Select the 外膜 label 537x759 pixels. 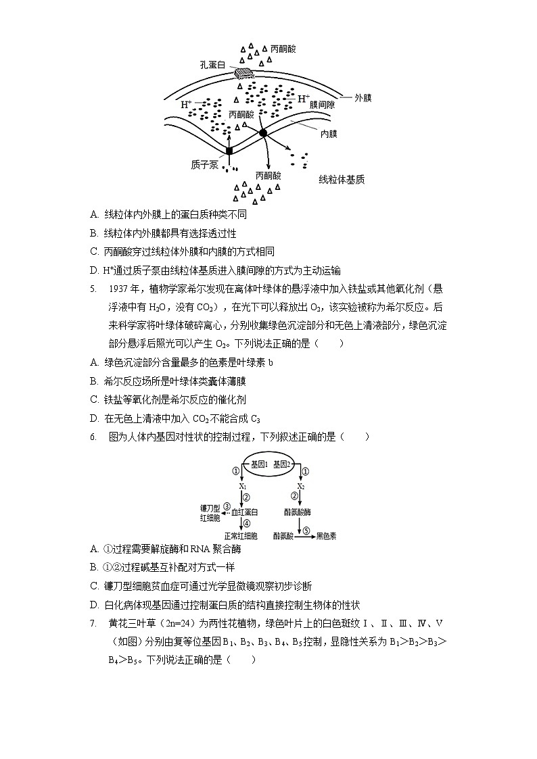tap(363, 97)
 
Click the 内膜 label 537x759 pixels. tap(328, 134)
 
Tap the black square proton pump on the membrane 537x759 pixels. tap(230, 150)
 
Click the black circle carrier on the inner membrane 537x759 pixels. tap(263, 133)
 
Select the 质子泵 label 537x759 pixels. tap(205, 164)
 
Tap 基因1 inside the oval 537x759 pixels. tap(260, 464)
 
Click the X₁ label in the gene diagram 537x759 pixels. tap(243, 485)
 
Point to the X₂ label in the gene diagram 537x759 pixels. tap(302, 485)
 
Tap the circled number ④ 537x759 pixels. tap(247, 523)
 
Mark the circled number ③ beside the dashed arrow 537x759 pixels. tap(227, 506)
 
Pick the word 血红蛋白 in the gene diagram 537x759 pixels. tap(245, 512)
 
